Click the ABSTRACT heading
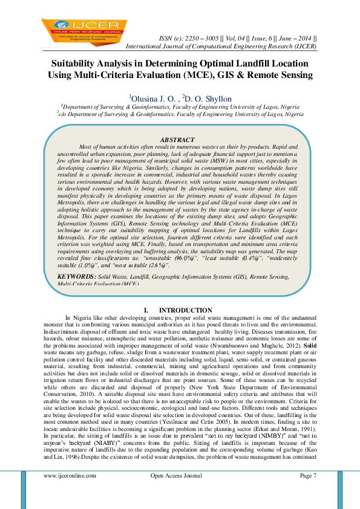(177, 140)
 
